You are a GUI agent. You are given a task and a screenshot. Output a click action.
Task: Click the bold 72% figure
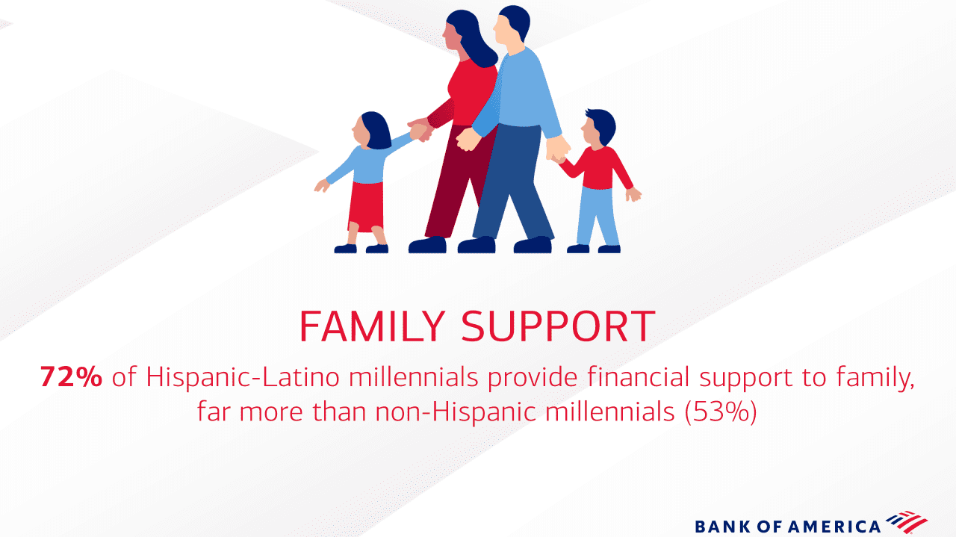coord(71,377)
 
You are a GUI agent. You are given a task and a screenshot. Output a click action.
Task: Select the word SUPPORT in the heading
coord(558,326)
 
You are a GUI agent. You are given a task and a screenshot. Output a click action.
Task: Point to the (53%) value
coord(721,412)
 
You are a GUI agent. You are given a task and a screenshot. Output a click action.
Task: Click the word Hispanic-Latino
coord(243,377)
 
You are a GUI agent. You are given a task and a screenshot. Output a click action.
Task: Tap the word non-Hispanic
coord(456,412)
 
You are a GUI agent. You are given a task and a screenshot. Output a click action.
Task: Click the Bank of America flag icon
coord(906,521)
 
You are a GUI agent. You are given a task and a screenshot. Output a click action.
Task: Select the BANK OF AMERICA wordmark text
coord(787,527)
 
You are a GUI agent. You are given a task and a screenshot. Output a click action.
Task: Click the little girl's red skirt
coord(367,207)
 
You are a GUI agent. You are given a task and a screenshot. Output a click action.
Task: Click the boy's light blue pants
coord(597,216)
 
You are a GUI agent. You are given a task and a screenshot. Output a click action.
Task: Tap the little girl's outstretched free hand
coord(322,185)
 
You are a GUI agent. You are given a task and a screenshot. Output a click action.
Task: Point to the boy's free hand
coord(633,195)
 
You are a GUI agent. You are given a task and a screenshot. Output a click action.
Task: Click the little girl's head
coord(372,130)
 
